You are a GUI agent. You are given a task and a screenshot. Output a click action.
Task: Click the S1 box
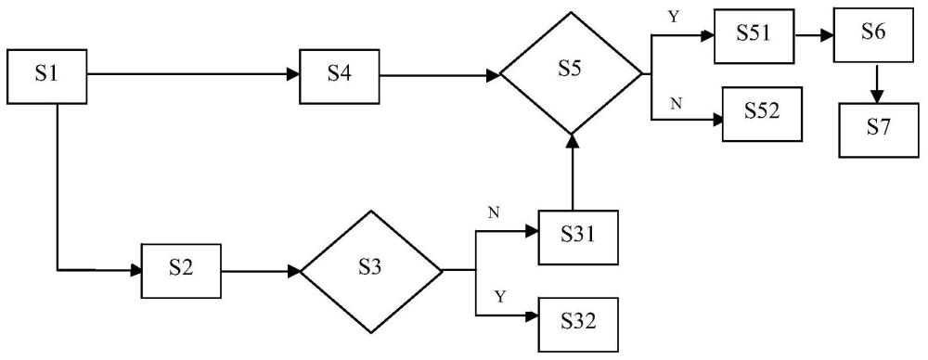tap(47, 76)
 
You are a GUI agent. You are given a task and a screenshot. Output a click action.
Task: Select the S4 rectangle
tap(339, 76)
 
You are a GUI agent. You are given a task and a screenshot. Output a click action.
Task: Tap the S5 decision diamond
tap(571, 73)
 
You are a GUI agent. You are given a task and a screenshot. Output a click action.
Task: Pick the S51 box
tap(754, 35)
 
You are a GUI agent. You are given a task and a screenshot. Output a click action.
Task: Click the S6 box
tap(873, 35)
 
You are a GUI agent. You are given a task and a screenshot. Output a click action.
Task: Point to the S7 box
tap(879, 130)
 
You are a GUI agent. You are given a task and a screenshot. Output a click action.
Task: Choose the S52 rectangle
tap(762, 114)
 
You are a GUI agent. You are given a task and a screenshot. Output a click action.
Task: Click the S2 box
tap(181, 271)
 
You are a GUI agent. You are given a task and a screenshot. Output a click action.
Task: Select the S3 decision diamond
tap(371, 271)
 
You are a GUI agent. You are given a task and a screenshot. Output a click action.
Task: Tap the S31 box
tap(578, 238)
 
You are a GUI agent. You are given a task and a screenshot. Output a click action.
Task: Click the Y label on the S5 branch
tap(673, 18)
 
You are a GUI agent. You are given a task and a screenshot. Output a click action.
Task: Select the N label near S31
tap(493, 212)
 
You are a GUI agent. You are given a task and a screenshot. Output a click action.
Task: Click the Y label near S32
tap(501, 297)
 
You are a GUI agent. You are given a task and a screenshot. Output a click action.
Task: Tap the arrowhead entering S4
tap(293, 74)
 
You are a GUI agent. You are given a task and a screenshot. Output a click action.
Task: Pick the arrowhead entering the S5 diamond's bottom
tap(572, 141)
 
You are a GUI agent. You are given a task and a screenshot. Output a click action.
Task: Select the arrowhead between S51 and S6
tap(828, 35)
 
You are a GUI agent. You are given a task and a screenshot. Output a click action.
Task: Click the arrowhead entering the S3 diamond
tap(294, 271)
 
